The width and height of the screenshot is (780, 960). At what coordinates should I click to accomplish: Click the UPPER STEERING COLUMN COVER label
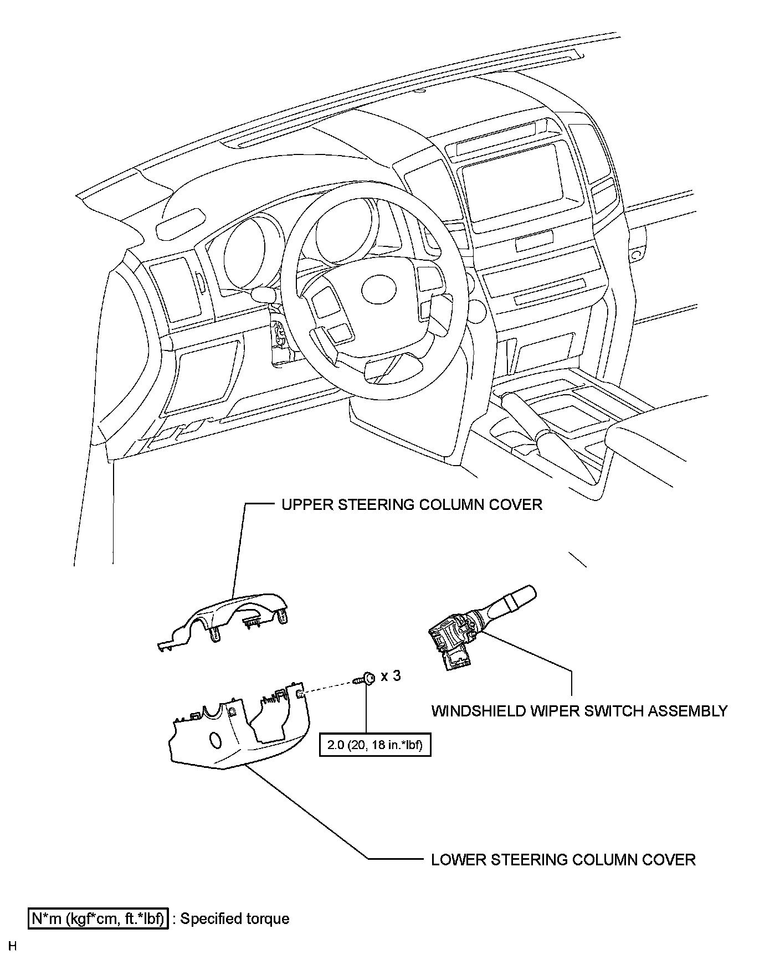point(412,504)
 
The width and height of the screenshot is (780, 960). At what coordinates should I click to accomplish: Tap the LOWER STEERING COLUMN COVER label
point(563,859)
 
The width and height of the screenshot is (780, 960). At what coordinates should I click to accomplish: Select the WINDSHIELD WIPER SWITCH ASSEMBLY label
point(579,710)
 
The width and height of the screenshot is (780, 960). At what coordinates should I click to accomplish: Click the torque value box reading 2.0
point(374,745)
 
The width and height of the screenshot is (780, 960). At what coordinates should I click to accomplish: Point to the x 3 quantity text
point(391,676)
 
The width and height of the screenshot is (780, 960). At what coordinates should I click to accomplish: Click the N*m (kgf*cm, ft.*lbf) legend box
point(97,918)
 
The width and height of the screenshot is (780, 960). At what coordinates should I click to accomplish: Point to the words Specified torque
point(235,918)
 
